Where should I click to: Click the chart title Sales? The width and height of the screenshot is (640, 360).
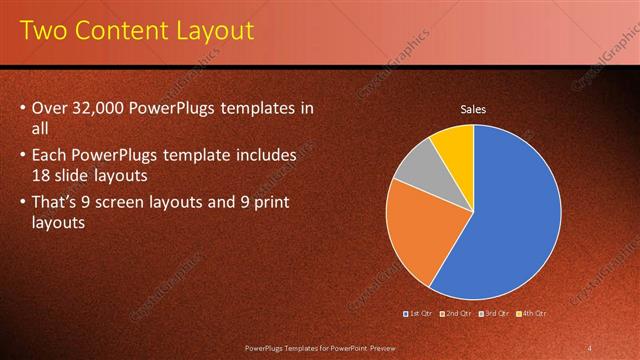(x=473, y=109)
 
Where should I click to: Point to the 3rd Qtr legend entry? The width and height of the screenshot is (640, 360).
(x=494, y=313)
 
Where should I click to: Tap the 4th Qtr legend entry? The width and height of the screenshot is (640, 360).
(x=531, y=313)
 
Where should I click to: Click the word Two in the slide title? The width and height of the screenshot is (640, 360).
(x=43, y=31)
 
